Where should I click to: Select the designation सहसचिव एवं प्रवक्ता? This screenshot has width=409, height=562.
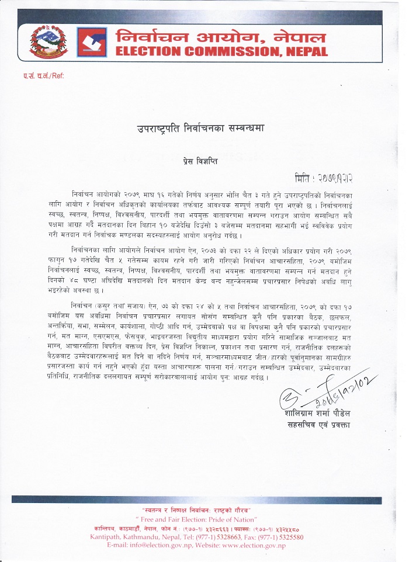tap(318, 425)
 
